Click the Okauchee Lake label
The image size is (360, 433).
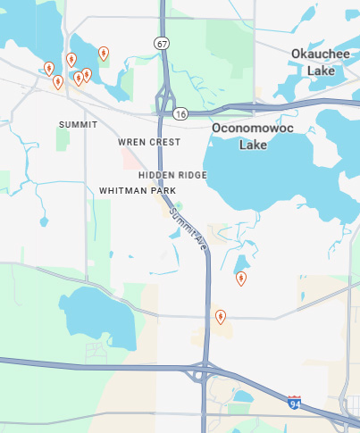(x=314, y=62)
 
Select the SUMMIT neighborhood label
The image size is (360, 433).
(x=78, y=124)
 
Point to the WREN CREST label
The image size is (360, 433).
(x=148, y=142)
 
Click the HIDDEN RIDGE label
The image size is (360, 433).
(x=172, y=175)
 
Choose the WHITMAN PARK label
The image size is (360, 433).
(x=138, y=191)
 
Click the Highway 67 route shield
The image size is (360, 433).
(x=160, y=43)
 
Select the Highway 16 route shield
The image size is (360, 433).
(x=181, y=113)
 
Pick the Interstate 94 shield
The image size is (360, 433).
(x=295, y=404)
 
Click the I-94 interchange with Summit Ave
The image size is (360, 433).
(x=205, y=371)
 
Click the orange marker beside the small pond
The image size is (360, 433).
(x=241, y=279)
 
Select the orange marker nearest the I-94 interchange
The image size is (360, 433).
(x=221, y=316)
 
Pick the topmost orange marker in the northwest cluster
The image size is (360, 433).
(x=104, y=54)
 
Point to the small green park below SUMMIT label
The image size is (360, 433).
(x=62, y=137)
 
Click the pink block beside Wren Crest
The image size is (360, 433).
(x=132, y=162)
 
